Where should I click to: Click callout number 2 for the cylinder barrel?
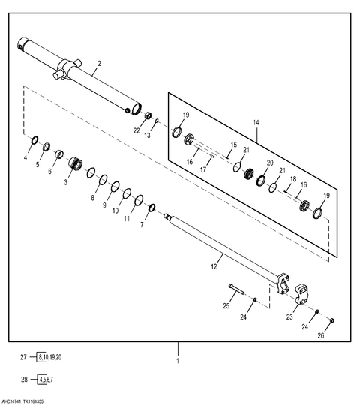coord(100,63)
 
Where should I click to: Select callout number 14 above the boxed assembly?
coord(256,122)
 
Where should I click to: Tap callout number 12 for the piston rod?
coord(214,266)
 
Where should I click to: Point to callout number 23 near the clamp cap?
coord(289,316)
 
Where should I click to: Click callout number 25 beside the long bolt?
coord(226,306)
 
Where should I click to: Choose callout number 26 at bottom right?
coord(321,335)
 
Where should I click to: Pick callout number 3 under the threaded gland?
coord(65,182)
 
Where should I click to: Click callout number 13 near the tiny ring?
coord(147,135)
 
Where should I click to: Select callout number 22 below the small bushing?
coord(136,130)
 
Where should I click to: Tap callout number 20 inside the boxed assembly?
coord(270,163)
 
